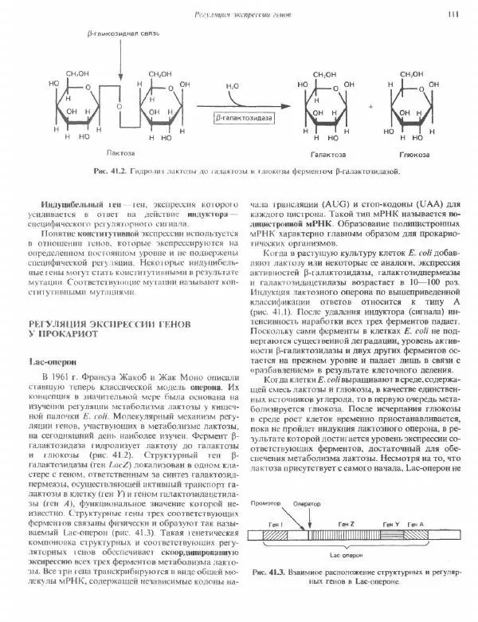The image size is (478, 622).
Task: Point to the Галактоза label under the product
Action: coord(323,152)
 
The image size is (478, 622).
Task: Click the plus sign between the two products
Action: coord(370,105)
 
